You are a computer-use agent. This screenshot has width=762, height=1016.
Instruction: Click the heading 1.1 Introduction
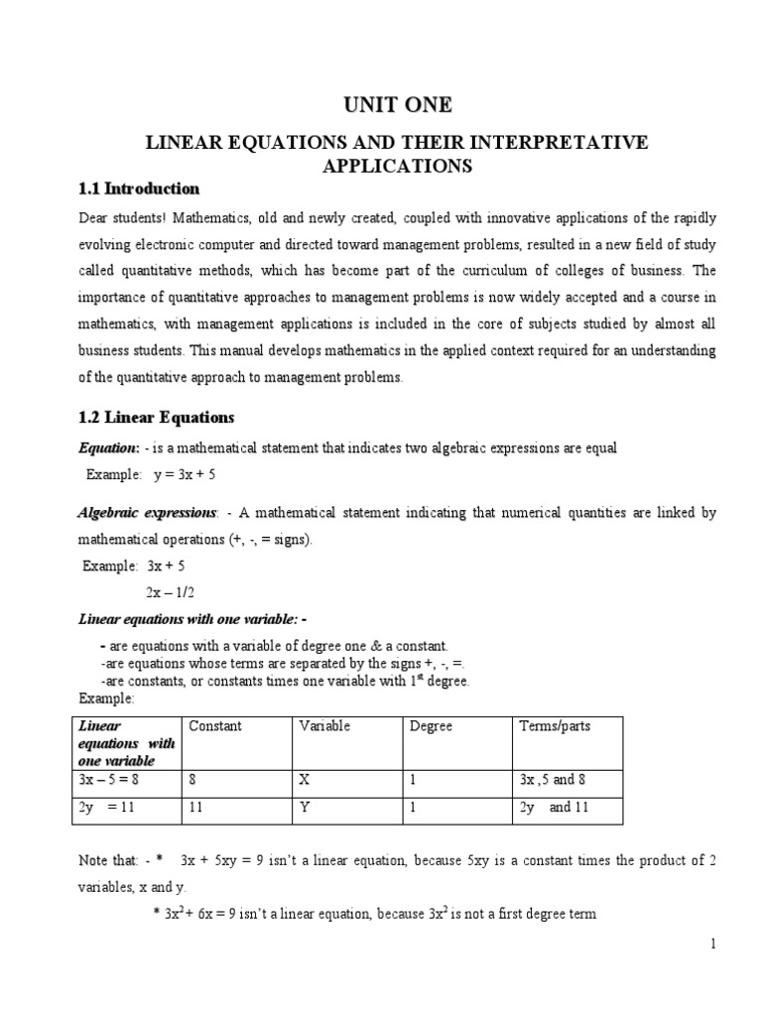point(138,189)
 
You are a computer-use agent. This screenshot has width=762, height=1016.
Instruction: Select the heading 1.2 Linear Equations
point(156,417)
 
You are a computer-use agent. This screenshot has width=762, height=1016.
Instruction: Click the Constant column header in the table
point(214,726)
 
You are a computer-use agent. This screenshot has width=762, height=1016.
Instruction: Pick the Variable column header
point(324,726)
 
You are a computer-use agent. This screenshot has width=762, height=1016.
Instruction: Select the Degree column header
point(431,726)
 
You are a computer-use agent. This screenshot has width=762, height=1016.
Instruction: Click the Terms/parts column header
point(554,726)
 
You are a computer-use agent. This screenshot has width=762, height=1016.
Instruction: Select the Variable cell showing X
point(305,780)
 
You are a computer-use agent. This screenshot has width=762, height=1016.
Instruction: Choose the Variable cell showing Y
point(305,808)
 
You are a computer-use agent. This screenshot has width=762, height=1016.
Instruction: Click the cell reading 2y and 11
point(554,808)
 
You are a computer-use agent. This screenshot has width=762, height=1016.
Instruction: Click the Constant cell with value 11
point(195,808)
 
